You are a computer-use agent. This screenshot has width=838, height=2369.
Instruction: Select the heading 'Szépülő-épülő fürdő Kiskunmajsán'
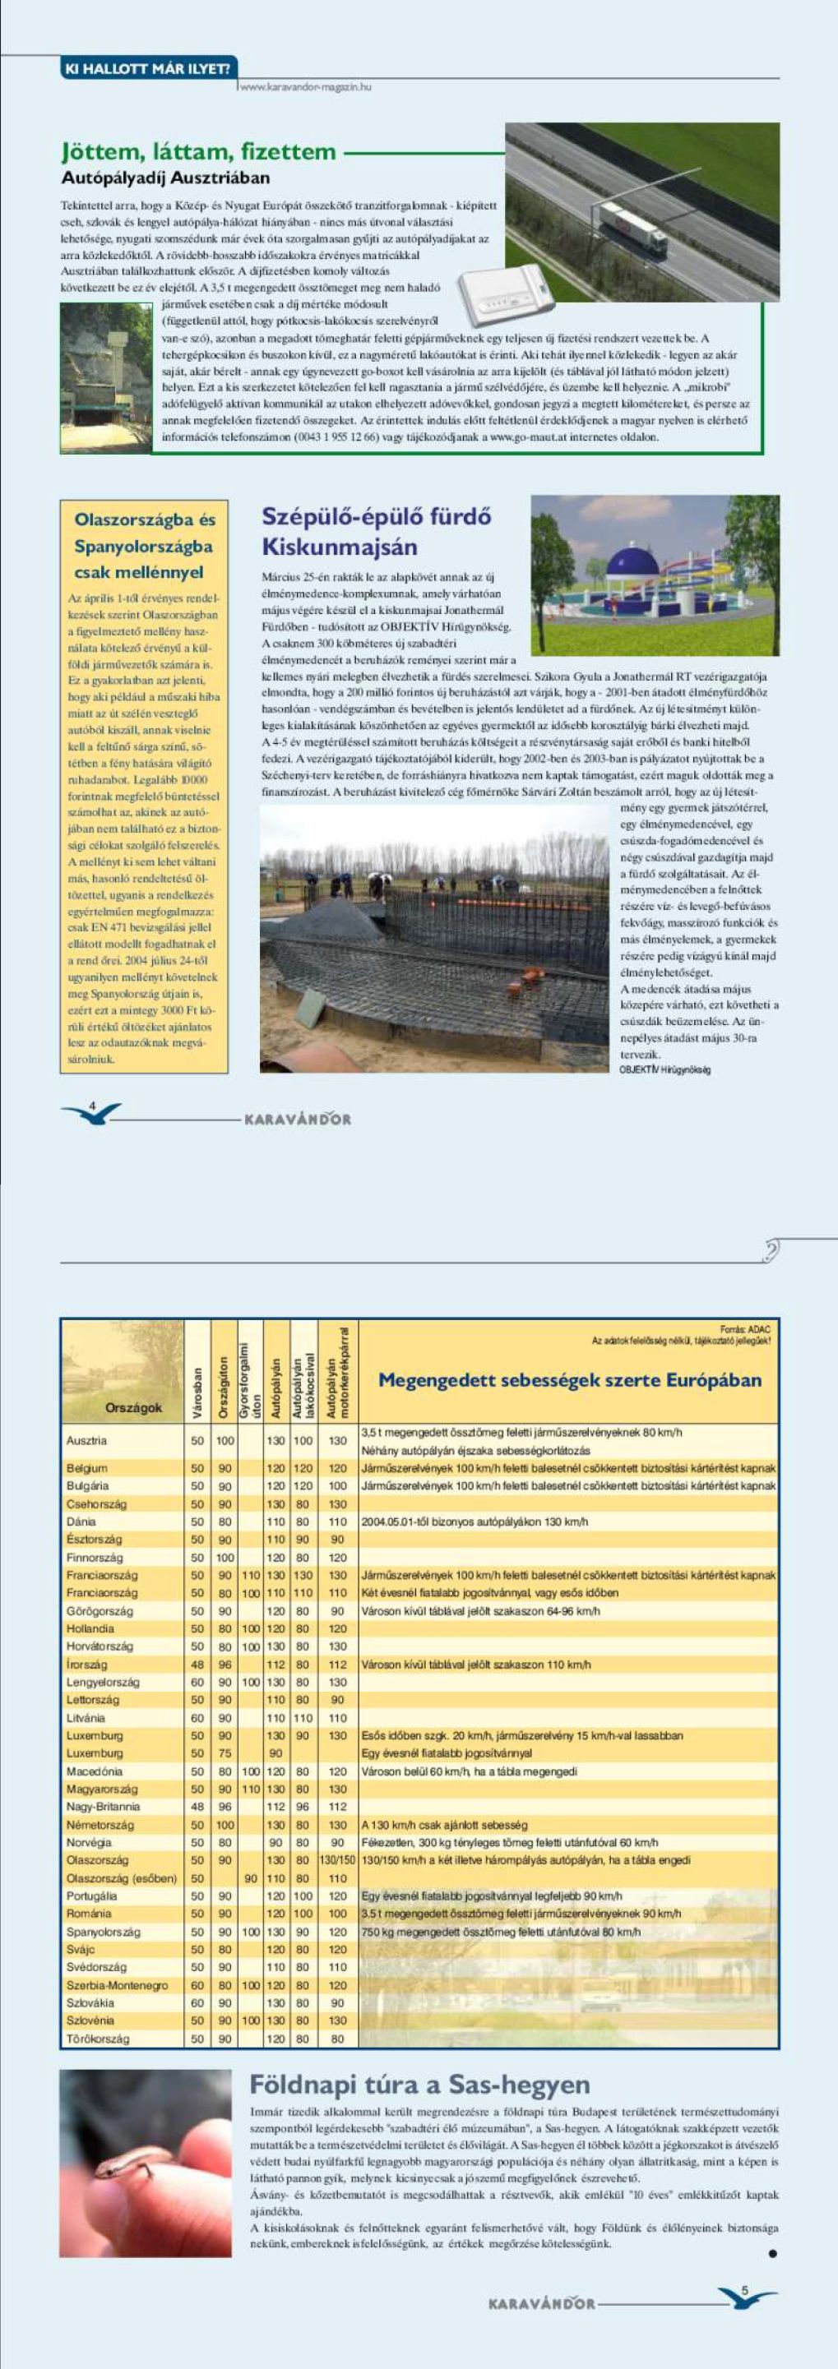point(377,532)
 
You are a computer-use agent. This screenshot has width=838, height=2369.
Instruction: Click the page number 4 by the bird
point(92,1106)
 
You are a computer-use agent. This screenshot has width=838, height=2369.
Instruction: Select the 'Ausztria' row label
point(86,1441)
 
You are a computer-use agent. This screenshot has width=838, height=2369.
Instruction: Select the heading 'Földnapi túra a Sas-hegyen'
point(419,2085)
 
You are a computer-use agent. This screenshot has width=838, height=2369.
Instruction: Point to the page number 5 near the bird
point(745,2289)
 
